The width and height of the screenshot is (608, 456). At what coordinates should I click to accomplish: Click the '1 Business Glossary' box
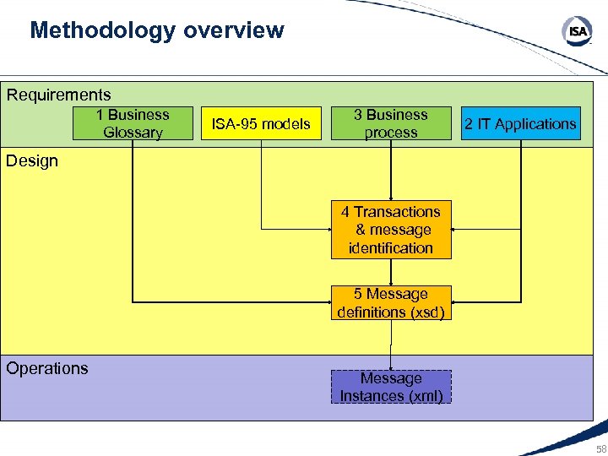[133, 123]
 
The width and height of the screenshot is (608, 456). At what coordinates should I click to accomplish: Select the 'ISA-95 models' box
[261, 124]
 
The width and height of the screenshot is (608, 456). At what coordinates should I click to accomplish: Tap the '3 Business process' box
[391, 123]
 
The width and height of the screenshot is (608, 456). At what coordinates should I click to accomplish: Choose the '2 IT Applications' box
[520, 124]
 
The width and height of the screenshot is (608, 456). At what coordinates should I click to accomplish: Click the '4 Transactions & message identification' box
[391, 230]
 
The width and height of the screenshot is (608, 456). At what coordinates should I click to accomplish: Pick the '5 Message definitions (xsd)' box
[391, 303]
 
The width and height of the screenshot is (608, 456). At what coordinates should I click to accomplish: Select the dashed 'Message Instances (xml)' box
[391, 387]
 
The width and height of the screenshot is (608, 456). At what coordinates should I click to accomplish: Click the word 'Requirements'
[59, 95]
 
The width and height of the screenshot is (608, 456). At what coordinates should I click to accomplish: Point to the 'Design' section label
[32, 161]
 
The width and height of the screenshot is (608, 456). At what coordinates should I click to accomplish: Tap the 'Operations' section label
[47, 368]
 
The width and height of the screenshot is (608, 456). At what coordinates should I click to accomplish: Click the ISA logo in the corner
[578, 32]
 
